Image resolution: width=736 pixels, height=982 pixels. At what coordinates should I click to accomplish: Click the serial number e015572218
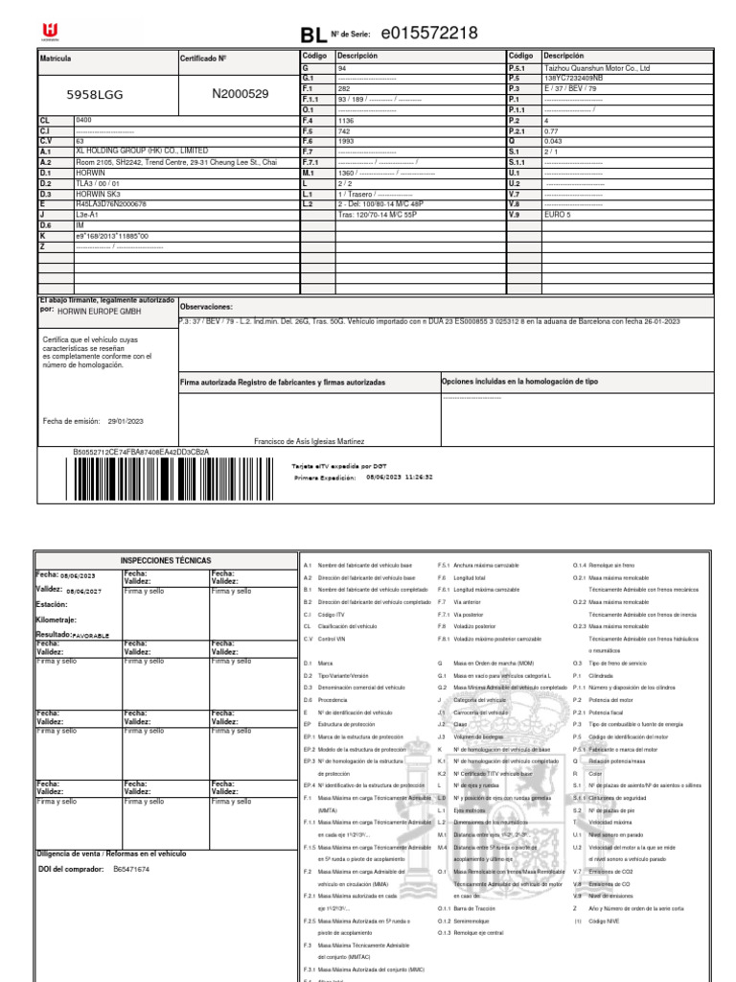point(428,35)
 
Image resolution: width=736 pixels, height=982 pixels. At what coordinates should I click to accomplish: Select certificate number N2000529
point(240,94)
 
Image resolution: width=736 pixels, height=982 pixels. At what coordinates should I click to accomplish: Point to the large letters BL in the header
point(312,36)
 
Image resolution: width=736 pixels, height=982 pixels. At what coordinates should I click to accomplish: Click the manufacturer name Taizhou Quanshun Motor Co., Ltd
point(596,69)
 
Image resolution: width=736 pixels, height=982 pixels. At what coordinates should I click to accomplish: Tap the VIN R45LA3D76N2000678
point(111,204)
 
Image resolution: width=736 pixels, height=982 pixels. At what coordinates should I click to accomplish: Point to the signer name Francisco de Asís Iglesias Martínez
point(310,441)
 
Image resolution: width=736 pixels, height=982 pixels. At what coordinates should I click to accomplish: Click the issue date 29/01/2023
point(126,419)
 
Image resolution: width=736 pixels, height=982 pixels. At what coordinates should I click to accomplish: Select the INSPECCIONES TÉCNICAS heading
point(165,560)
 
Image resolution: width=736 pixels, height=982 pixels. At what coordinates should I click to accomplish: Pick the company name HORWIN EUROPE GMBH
point(101,312)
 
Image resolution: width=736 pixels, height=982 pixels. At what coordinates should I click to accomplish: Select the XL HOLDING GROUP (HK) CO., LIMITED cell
point(141,151)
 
